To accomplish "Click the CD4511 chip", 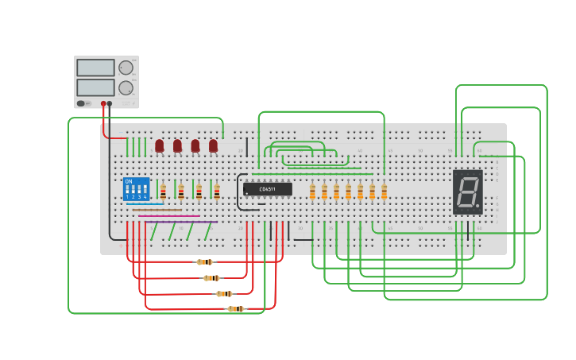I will pos(267,189).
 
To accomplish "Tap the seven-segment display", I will pos(467,192).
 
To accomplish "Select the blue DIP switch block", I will pos(136,189).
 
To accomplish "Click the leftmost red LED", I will pos(160,145).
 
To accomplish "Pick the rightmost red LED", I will pos(213,145).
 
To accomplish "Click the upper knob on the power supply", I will pos(126,68).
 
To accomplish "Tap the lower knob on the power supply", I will pos(126,87).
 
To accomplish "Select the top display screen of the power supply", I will pos(95,68).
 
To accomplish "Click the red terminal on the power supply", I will pos(103,103).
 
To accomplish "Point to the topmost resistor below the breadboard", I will pos(205,261).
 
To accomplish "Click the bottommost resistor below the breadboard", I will pos(235,308).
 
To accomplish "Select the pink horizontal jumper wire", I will pos(169,215).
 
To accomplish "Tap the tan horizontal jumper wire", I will pos(157,210).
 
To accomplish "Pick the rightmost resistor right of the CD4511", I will pos(384,192).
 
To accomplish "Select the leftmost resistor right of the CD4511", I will pos(312,192).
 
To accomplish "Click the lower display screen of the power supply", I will pos(95,87).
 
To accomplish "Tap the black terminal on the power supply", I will pos(110,103).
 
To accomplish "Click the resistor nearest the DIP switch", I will pos(163,192).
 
